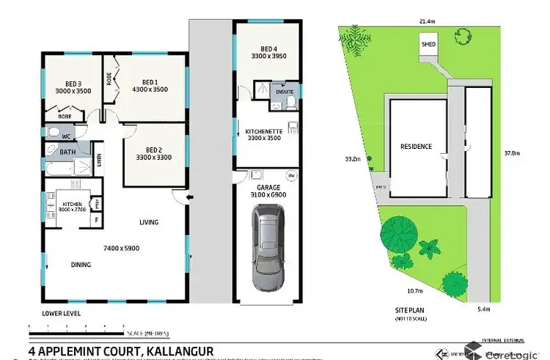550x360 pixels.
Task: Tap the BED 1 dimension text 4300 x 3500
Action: pos(150,89)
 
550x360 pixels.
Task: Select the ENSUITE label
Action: pos(284,93)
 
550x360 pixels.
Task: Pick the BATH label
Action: pos(67,153)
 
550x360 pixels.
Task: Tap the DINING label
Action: pos(81,265)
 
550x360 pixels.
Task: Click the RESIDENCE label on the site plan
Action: pos(416,147)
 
